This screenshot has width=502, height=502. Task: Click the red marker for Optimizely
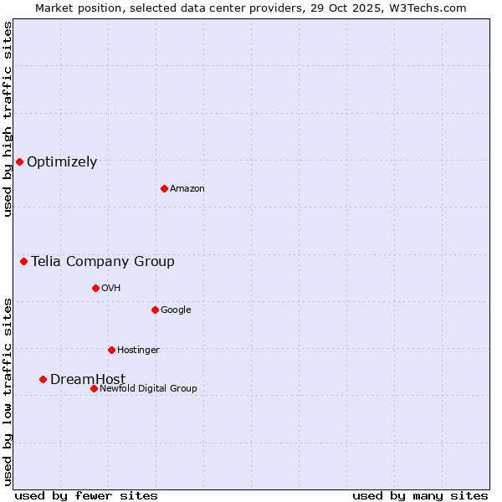[19, 161]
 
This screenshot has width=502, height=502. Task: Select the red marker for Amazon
[164, 188]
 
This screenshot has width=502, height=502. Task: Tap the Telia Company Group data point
[23, 262]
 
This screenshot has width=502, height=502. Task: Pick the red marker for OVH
[95, 288]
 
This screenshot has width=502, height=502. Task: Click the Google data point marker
[155, 310]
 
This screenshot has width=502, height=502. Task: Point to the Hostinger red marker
[111, 350]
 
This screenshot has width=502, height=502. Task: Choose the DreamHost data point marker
[43, 379]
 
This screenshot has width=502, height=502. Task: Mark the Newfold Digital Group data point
[94, 388]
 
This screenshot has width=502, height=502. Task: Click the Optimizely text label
[62, 162]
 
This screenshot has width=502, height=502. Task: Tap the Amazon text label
[187, 189]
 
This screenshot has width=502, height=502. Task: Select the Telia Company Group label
[103, 262]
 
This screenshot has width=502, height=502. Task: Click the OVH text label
[111, 289]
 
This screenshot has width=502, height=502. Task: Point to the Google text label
[176, 310]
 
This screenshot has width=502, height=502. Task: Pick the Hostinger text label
[138, 351]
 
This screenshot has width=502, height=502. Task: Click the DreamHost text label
[88, 380]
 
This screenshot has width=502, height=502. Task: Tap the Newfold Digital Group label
[148, 389]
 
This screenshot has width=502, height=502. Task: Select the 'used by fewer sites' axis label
[86, 495]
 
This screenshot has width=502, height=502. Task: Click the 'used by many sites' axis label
[420, 495]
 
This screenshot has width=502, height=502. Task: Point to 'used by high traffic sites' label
[8, 119]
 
